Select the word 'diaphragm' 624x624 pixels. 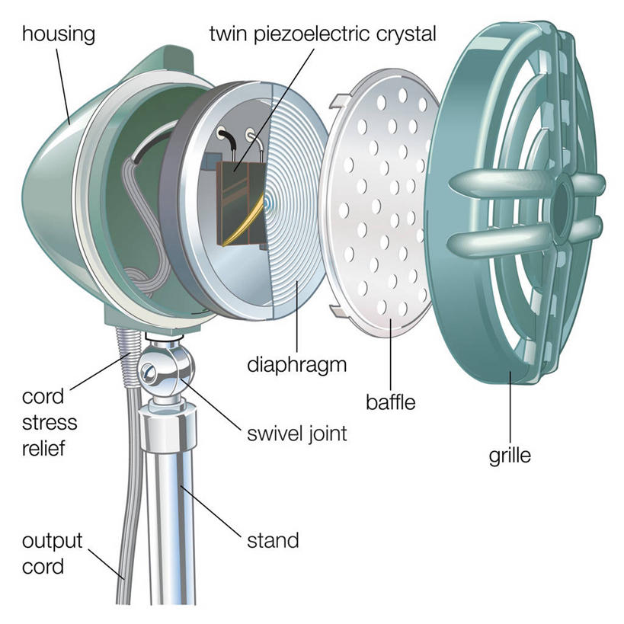point(297,364)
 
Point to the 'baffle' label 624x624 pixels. point(389,402)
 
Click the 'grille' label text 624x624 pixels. point(509,457)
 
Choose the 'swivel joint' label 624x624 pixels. point(297,434)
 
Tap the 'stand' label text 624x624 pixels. point(273,542)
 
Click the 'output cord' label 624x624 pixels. point(51,555)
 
